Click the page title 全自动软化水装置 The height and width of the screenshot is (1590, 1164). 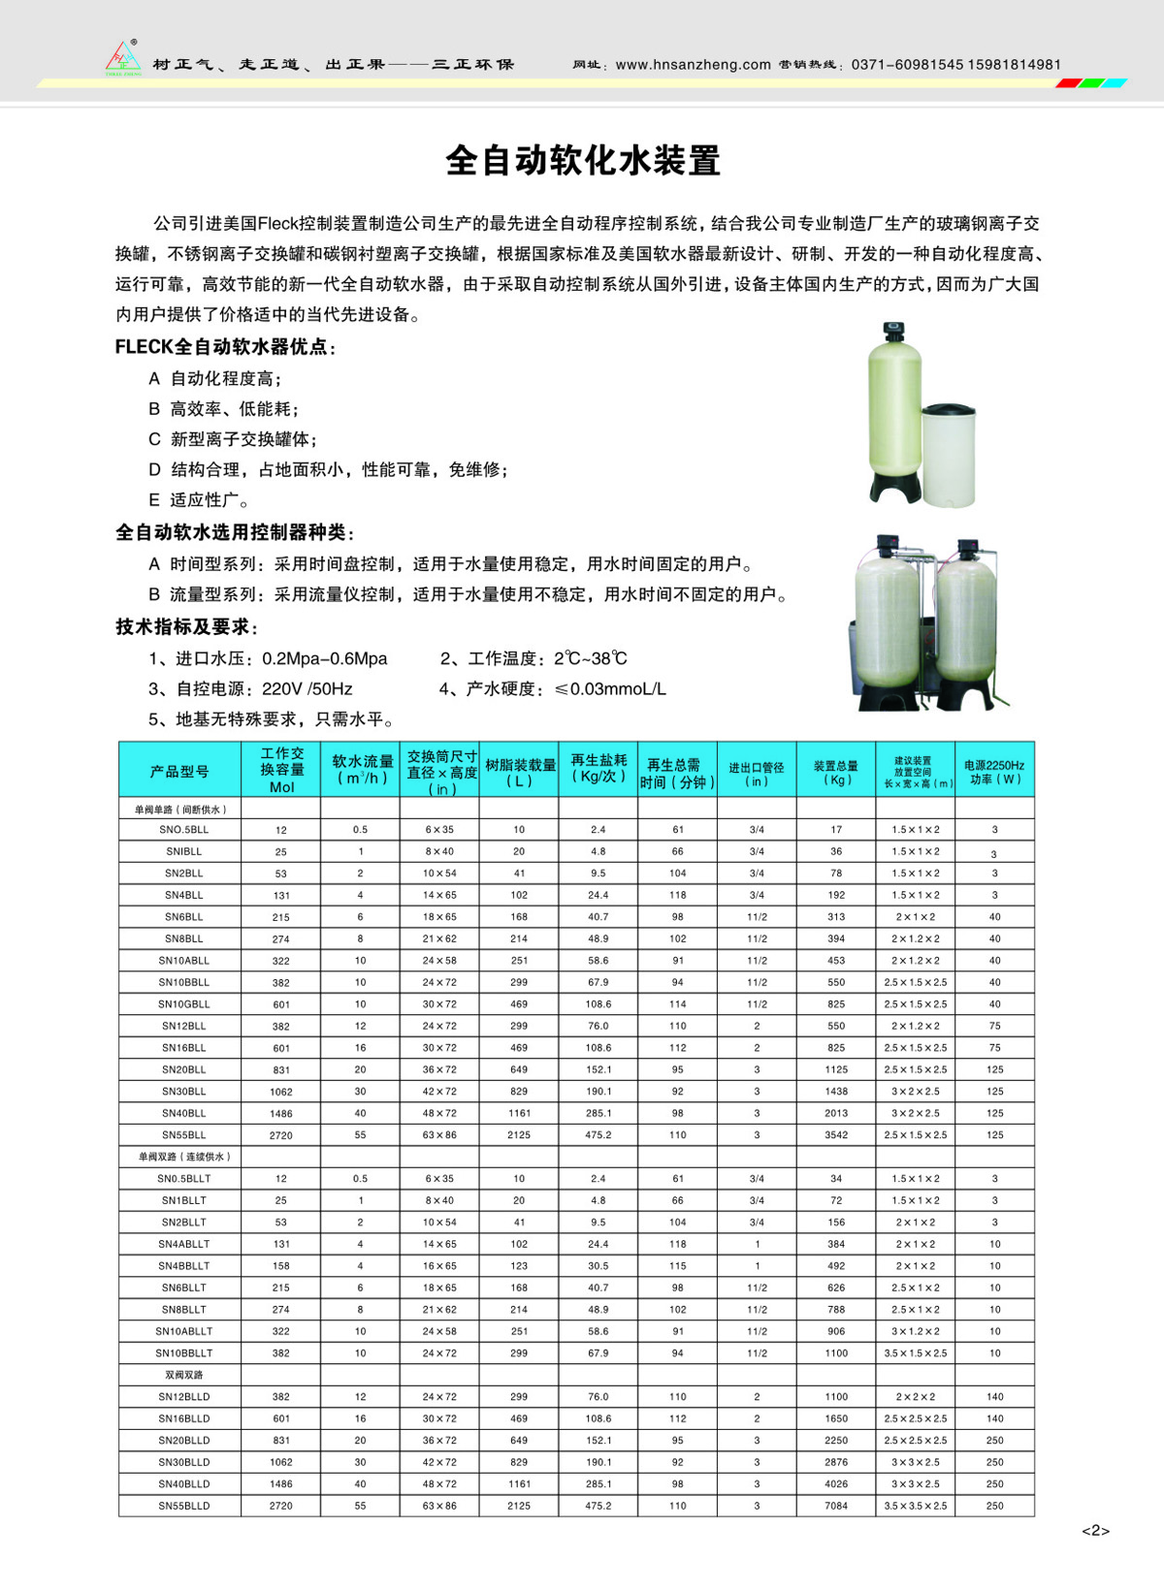click(583, 161)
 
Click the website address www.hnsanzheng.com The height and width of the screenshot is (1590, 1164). click(693, 65)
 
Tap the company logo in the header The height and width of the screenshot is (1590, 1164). click(123, 58)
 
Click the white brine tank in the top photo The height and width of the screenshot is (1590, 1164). click(948, 453)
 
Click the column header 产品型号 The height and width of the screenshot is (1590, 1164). click(179, 772)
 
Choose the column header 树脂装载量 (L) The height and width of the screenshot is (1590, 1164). click(520, 772)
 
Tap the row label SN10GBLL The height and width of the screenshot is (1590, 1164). click(183, 1004)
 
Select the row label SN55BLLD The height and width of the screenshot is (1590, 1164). click(183, 1506)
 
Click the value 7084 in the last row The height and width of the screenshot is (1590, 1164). click(836, 1506)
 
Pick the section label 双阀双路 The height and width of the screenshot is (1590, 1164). click(183, 1375)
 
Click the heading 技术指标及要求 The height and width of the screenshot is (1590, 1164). click(185, 626)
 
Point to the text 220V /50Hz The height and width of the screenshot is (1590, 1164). click(307, 689)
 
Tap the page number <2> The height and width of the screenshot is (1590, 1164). click(1095, 1531)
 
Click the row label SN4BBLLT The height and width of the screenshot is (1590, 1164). click(183, 1266)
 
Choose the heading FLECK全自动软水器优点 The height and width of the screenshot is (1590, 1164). click(224, 347)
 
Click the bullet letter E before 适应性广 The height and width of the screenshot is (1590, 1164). click(153, 500)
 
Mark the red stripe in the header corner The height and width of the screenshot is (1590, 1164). click(1068, 83)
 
